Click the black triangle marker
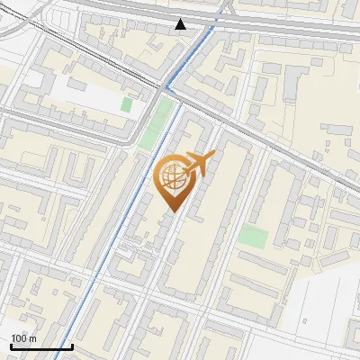(181, 23)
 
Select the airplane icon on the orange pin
(199, 163)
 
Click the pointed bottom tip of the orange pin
(172, 212)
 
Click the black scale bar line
(41, 346)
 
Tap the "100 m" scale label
(23, 338)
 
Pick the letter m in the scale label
(32, 338)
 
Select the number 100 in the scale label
(19, 338)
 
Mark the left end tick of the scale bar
(11, 345)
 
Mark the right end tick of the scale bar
(72, 345)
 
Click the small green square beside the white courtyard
(126, 104)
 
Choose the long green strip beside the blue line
(156, 126)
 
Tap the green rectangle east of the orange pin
(254, 238)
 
